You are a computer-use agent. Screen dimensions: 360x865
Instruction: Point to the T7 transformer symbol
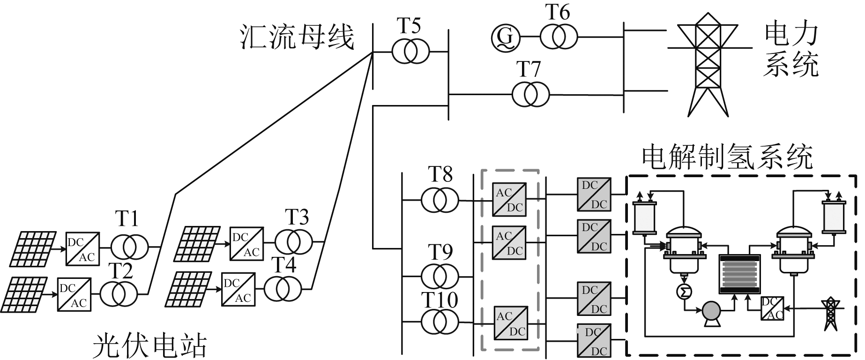tap(530, 95)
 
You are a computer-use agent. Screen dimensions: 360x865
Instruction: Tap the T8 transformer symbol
tap(440, 200)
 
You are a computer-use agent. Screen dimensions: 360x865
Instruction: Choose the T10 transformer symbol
tap(440, 322)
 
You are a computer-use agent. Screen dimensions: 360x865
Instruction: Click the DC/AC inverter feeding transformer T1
tap(82, 248)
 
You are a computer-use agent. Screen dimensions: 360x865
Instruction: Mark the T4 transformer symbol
tap(283, 288)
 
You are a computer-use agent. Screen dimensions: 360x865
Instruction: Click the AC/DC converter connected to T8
tap(509, 200)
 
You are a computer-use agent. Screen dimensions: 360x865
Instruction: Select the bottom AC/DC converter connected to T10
tap(510, 323)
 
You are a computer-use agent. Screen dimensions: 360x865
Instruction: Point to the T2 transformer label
tap(121, 271)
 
